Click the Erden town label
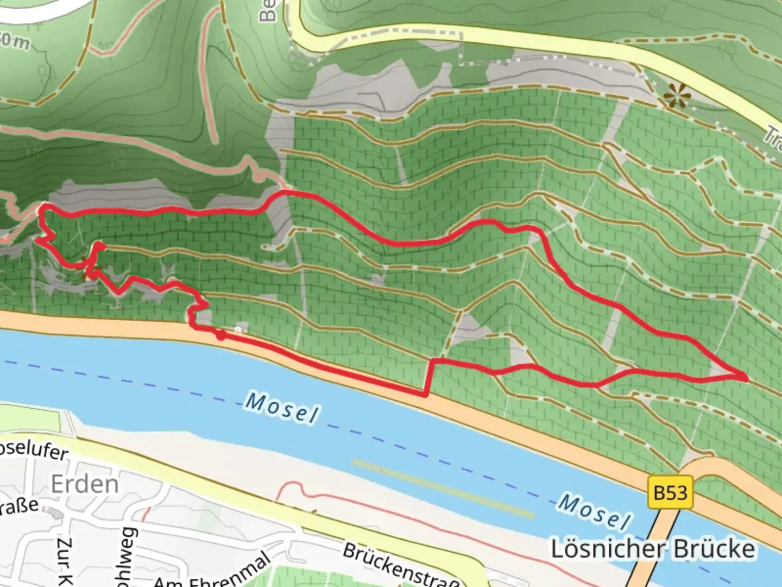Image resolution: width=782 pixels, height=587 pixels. point(84,484)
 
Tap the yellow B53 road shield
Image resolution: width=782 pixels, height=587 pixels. point(670,492)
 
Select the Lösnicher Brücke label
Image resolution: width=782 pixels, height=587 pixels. point(653,549)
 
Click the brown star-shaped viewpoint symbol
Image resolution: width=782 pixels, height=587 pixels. point(677,97)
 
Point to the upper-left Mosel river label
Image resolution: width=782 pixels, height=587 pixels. point(281,408)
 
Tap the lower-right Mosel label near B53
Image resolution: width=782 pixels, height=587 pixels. point(594,511)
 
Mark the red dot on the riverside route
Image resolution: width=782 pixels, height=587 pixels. point(221,335)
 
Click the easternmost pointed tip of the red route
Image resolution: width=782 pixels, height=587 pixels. point(747,377)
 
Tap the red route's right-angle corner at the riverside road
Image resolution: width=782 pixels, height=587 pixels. point(425,395)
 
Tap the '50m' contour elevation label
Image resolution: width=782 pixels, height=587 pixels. point(15,41)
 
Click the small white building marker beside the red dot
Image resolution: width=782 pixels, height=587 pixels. point(238,329)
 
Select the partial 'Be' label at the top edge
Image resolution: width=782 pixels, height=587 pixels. point(267,11)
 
